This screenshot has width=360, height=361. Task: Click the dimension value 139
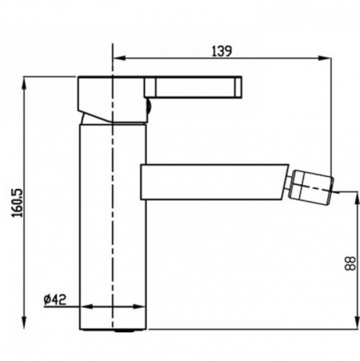221,51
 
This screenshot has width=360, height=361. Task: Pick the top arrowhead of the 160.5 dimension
27,79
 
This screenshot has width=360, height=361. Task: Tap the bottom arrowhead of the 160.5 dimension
27,325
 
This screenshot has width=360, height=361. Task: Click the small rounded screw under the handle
149,108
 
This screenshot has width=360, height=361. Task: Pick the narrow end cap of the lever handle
237,87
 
